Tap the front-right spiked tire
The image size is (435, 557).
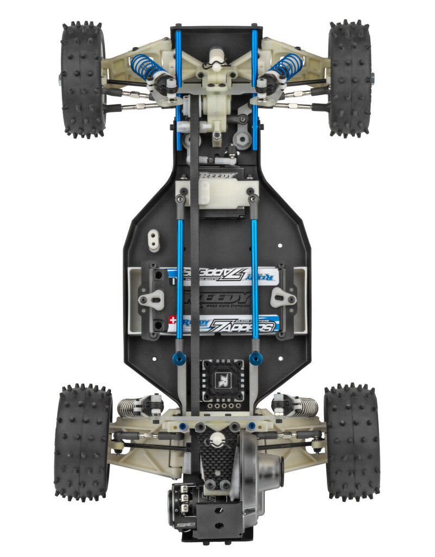[350, 79]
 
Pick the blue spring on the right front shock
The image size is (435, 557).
[287, 66]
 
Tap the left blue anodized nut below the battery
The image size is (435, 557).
[179, 358]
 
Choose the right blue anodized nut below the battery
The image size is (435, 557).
[256, 358]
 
